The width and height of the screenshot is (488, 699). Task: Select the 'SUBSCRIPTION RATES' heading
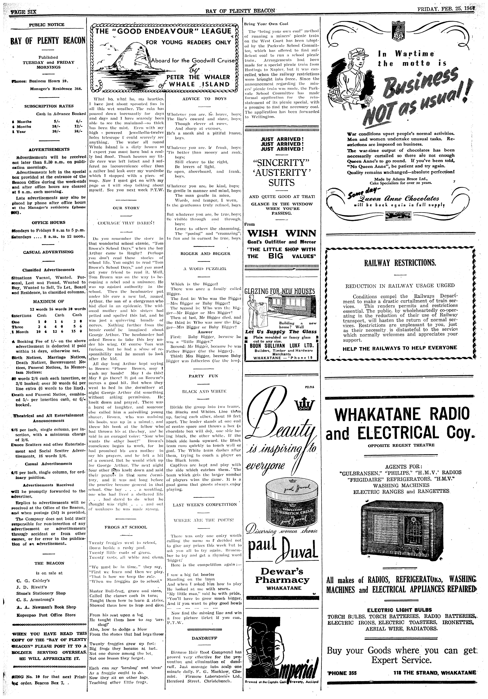coord(49,106)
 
